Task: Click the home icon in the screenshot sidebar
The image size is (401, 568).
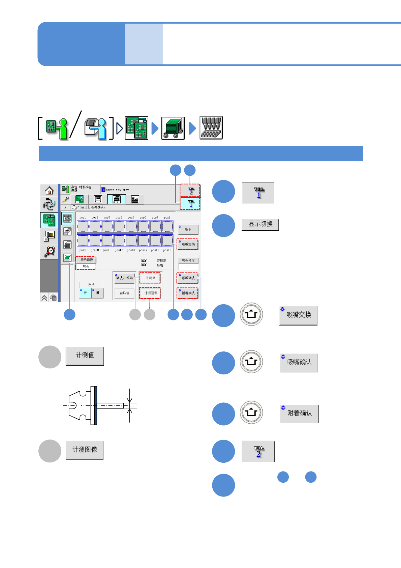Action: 49,191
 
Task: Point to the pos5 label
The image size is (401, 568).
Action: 131,218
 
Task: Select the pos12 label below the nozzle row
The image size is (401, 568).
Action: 119,250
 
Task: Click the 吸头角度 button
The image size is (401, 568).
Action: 188,260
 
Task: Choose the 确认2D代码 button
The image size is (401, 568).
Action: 124,278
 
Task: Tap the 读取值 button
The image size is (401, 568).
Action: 124,293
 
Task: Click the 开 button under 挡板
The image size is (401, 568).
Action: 85,293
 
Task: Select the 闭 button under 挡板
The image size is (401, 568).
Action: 97,293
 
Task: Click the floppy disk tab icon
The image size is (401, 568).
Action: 98,199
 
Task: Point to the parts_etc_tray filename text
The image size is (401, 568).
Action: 117,190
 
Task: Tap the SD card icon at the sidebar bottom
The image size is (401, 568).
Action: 53,298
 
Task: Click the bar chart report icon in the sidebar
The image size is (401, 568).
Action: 49,236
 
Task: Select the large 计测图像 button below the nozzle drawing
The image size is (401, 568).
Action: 85,450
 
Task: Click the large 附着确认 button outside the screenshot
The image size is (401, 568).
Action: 299,414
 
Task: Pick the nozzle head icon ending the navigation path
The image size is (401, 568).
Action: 211,128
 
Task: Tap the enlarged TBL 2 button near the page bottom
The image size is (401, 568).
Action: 258,452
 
